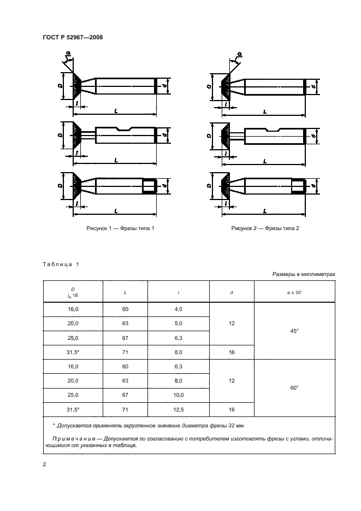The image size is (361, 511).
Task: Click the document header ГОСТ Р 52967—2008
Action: point(73,37)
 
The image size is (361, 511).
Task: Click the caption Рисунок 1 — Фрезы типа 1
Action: point(120,228)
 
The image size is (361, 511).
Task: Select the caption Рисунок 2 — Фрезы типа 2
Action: point(265,228)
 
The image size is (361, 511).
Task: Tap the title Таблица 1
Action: point(61,265)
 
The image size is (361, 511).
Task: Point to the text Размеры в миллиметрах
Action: point(304,274)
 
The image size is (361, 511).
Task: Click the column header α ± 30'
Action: point(294,292)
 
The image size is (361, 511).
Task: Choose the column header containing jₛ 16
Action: point(73,292)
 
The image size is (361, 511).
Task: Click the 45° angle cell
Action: point(294,331)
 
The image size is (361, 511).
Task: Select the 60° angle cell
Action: point(294,388)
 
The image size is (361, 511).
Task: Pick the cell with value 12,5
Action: point(179,410)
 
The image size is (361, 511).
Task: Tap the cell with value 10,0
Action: point(179,395)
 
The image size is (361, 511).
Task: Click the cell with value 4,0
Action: point(179,309)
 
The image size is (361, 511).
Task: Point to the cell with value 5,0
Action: point(179,324)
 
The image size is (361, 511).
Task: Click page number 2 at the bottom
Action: point(45,465)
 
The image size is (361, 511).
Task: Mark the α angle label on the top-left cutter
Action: point(68,53)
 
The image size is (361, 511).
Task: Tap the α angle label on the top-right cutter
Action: point(240,54)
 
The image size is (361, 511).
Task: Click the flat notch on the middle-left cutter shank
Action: point(125,129)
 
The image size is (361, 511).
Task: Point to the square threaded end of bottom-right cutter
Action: point(298,186)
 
